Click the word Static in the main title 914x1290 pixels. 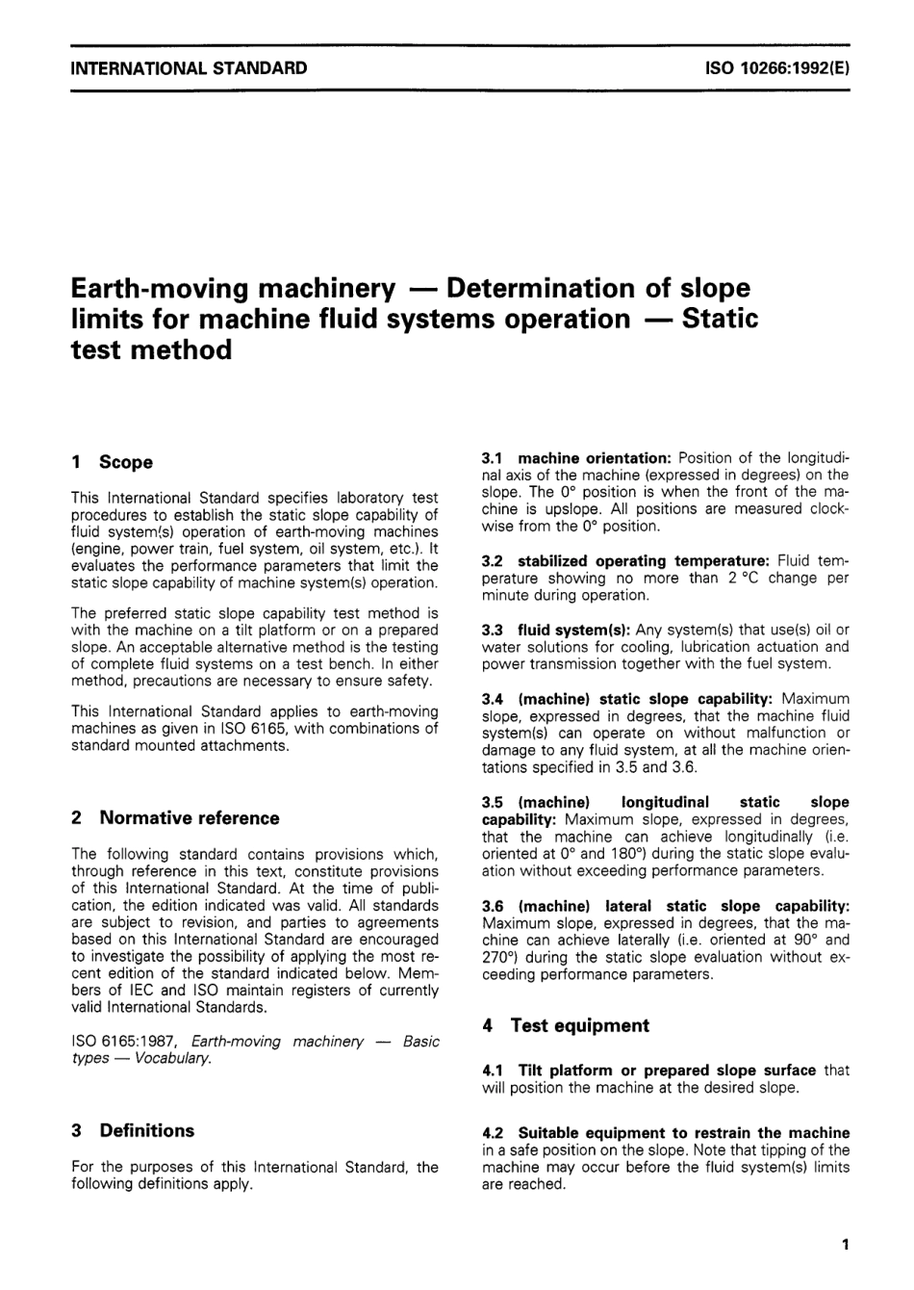(719, 318)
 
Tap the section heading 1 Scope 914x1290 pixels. (112, 462)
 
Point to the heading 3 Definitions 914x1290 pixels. (133, 1131)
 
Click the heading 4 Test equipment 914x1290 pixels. (566, 1026)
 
